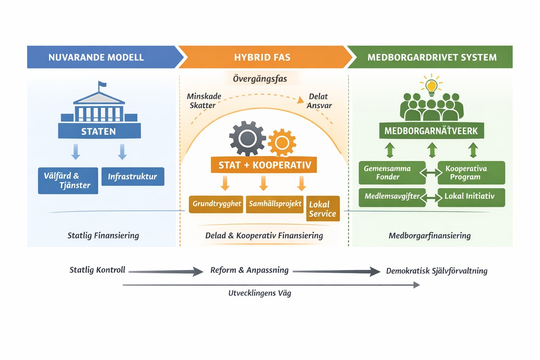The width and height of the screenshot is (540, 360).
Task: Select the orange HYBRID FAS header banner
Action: tap(262, 57)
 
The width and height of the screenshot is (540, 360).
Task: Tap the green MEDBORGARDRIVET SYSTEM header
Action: tap(432, 57)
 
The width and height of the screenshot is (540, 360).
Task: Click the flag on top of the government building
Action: tap(102, 84)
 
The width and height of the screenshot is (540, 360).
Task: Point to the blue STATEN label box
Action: tap(99, 131)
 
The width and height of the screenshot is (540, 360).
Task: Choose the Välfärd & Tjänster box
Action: tap(68, 180)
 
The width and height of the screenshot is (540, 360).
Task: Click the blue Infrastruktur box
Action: tap(133, 176)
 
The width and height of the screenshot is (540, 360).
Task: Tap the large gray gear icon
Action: tap(247, 138)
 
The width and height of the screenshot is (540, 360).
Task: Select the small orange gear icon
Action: tap(282, 142)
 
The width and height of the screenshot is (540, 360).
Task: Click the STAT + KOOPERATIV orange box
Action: tap(264, 165)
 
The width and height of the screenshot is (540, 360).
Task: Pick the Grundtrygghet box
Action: tap(216, 204)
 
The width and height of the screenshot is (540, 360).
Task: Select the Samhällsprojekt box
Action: tap(275, 204)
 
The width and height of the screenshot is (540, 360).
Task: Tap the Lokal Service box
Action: tap(323, 209)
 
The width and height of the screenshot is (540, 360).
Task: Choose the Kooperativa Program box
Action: tap(471, 173)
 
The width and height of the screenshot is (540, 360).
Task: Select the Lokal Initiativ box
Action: tap(471, 197)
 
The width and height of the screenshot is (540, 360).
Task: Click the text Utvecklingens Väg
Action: tap(260, 293)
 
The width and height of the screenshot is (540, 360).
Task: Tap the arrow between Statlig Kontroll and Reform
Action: tap(166, 271)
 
